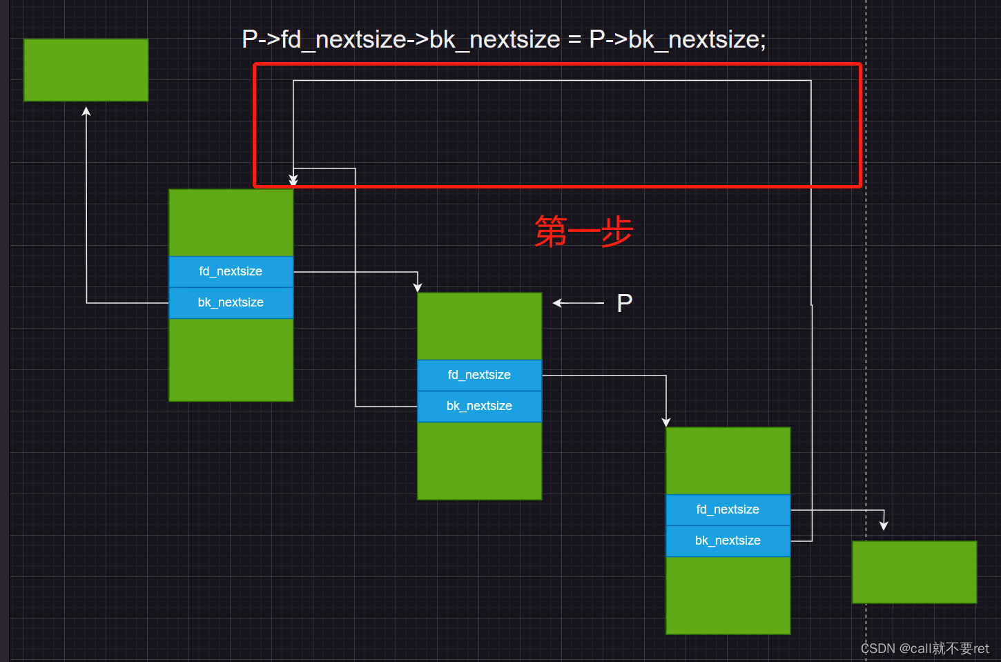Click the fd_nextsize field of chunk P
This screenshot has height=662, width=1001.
click(x=479, y=375)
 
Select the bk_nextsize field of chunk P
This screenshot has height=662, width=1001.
click(x=479, y=406)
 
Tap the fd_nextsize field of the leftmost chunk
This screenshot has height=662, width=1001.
click(x=231, y=271)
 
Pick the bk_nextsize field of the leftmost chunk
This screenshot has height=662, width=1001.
click(x=231, y=302)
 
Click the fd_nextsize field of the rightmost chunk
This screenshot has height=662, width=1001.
click(x=728, y=509)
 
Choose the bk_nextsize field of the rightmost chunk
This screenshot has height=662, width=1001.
click(x=728, y=541)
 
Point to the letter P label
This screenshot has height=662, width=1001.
click(x=624, y=303)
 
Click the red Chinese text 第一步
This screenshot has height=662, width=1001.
click(x=584, y=231)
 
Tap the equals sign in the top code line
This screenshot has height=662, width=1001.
click(x=574, y=40)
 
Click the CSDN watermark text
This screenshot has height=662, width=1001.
click(x=924, y=648)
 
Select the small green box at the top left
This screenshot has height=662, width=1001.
click(x=86, y=70)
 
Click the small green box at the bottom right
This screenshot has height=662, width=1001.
click(x=914, y=572)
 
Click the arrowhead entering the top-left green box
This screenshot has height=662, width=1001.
click(x=86, y=111)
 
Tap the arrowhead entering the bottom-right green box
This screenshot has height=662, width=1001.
click(x=884, y=526)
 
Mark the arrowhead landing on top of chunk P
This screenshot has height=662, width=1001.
click(x=418, y=287)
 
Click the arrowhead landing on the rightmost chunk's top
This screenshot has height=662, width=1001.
click(x=666, y=422)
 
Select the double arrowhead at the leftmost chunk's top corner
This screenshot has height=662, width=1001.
click(x=293, y=180)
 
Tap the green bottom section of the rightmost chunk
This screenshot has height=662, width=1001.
click(x=728, y=595)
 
